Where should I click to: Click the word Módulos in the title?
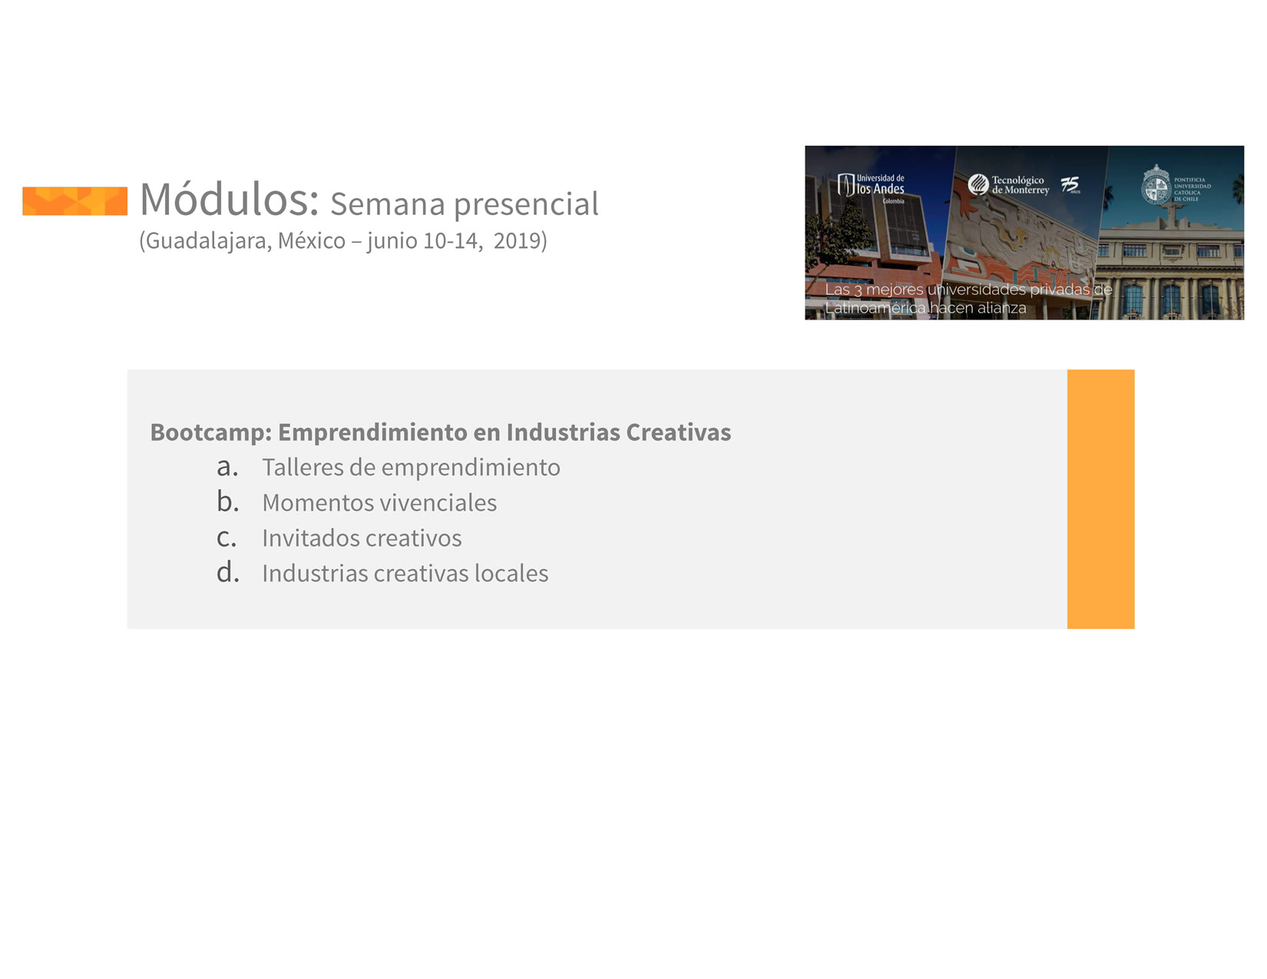(229, 199)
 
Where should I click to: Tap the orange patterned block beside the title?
(74, 201)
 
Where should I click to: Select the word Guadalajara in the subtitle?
(208, 241)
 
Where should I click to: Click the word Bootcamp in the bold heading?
(211, 432)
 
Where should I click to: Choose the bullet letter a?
(227, 467)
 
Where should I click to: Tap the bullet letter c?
(227, 538)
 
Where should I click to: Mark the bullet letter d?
(227, 572)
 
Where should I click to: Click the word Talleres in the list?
(302, 467)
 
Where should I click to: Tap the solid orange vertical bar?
(1100, 498)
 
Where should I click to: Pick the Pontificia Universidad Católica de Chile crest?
(1156, 184)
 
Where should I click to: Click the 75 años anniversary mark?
(1070, 184)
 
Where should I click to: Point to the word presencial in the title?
(525, 205)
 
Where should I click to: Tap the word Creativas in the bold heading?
(678, 432)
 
